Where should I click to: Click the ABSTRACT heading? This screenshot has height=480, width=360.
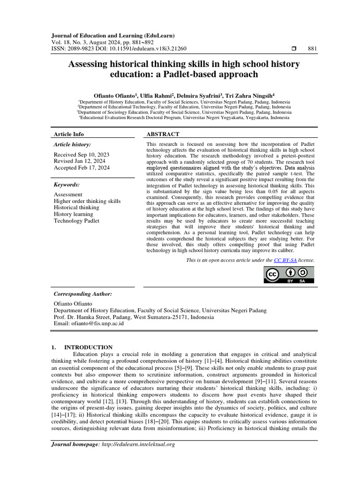[x=163, y=134]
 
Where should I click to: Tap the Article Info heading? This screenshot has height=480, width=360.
[x=69, y=134]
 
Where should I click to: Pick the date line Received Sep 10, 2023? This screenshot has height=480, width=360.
[x=82, y=154]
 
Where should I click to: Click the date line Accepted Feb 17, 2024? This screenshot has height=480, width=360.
[x=82, y=167]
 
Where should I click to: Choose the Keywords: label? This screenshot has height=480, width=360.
[x=67, y=185]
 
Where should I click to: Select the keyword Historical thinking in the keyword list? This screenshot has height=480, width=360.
[x=76, y=207]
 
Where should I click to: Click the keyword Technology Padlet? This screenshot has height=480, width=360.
[x=76, y=220]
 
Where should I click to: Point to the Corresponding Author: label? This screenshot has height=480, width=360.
[x=83, y=294]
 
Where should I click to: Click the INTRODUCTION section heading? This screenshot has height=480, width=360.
[x=88, y=347]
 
